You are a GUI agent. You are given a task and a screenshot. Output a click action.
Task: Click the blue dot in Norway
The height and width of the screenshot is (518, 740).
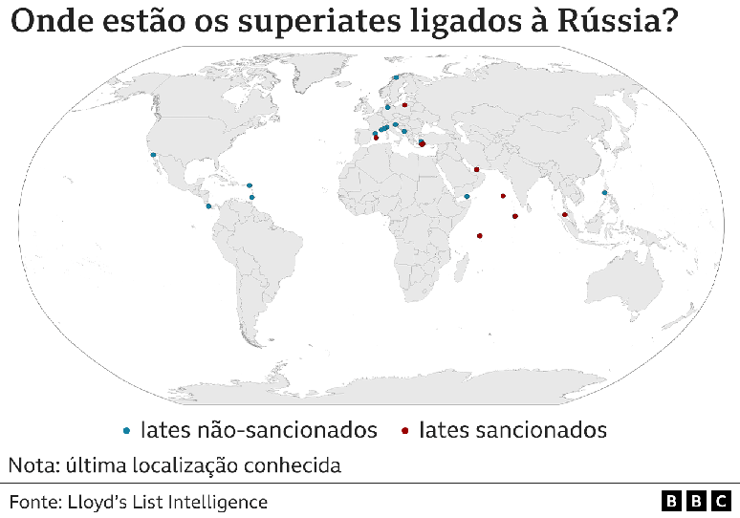(x=395, y=77)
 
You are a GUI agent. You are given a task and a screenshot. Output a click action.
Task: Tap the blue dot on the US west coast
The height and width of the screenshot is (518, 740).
(x=153, y=154)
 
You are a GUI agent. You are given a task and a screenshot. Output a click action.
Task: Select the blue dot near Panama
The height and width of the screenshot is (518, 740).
(x=208, y=205)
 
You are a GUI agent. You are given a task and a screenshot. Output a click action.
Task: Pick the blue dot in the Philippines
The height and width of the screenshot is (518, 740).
(x=604, y=192)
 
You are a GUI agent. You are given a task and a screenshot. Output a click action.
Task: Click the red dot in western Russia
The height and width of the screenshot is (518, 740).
(x=405, y=105)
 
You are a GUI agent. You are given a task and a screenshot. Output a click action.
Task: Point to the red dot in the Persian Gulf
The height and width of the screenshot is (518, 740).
(x=476, y=169)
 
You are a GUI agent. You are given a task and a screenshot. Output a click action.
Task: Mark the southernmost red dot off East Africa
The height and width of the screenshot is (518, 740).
(x=480, y=235)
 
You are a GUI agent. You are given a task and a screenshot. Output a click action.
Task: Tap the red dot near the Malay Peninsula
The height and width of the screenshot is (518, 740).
(x=565, y=215)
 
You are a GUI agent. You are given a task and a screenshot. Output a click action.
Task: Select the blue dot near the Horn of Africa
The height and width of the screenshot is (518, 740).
(x=467, y=196)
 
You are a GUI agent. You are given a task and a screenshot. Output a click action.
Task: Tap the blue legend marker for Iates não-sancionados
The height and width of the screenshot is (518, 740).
(x=128, y=431)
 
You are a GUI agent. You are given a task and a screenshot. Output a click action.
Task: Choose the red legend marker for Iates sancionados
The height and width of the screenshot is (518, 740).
(x=405, y=431)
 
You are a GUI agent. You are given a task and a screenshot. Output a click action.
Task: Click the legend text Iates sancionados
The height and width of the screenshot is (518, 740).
(x=512, y=430)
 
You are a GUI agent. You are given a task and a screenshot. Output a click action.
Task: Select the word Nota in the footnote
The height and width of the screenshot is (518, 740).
(x=31, y=466)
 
